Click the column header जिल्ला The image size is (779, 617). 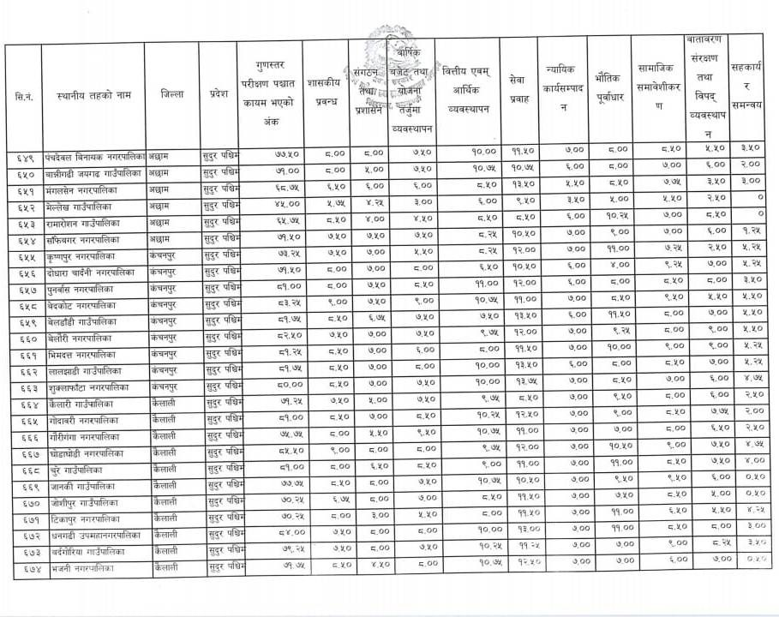[x=171, y=94]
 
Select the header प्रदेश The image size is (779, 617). [x=218, y=94]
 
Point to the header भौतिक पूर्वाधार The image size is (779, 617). [x=609, y=93]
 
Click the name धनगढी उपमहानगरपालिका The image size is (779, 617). [x=93, y=536]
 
